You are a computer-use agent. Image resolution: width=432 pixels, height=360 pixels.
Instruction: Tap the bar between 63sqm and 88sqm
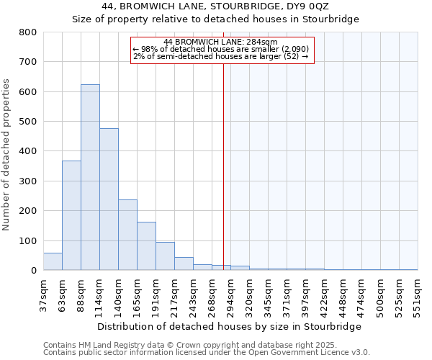[71, 215]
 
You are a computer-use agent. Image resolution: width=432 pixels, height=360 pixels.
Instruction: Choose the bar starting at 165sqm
[146, 246]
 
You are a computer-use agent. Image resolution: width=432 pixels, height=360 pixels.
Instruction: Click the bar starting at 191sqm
[165, 256]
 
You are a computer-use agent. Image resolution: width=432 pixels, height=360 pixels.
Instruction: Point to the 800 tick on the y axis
[28, 32]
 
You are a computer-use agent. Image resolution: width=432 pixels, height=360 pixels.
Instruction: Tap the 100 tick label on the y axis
[28, 240]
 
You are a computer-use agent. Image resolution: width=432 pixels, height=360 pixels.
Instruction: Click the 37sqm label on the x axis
[43, 295]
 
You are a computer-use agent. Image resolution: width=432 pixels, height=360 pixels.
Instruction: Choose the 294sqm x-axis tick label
[230, 295]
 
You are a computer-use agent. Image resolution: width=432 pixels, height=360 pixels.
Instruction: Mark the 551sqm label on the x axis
[418, 295]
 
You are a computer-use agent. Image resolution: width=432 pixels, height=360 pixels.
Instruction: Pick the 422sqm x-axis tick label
[324, 295]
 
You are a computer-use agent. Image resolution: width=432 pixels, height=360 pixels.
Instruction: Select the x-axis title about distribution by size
[229, 326]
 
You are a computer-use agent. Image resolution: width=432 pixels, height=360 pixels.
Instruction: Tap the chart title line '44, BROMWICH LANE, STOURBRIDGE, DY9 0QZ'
[215, 6]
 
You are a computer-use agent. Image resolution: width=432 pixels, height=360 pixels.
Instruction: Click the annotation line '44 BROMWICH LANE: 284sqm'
[221, 42]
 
